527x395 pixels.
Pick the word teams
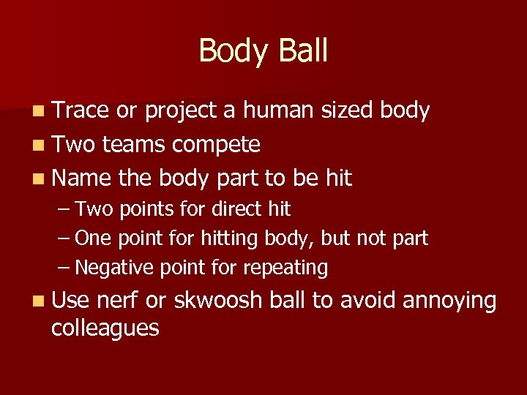tap(133, 145)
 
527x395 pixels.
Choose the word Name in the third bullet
tap(80, 178)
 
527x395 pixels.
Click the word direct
tap(236, 209)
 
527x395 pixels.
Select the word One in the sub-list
tap(91, 238)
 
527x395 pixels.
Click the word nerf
tap(117, 301)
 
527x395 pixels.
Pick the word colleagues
tap(105, 328)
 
